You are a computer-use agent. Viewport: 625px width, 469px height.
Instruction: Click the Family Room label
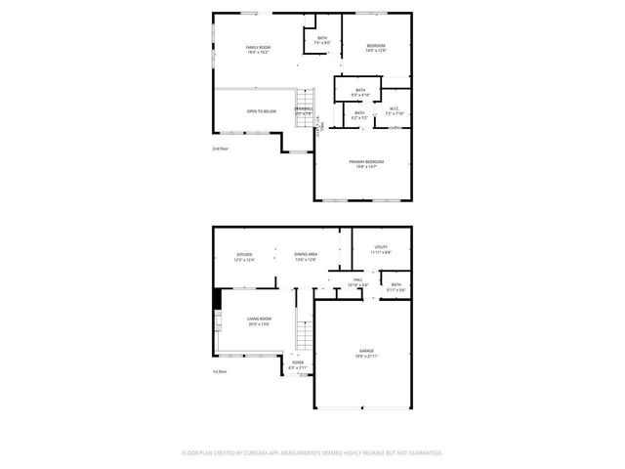click(x=258, y=47)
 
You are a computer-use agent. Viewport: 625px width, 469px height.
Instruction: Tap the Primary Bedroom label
click(x=366, y=161)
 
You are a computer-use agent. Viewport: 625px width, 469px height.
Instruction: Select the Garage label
click(x=366, y=351)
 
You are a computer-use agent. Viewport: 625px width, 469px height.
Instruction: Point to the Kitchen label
click(x=244, y=255)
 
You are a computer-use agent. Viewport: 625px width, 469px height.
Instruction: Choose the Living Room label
click(x=259, y=319)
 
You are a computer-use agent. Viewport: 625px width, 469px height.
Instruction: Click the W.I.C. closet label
click(x=394, y=107)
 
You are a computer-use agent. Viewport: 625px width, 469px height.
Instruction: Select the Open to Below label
click(x=261, y=111)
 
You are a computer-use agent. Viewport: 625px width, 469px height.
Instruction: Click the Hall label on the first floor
click(x=359, y=279)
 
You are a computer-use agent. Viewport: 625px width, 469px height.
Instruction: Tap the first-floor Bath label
click(x=396, y=285)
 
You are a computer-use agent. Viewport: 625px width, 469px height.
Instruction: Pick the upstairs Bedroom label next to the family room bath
click(x=376, y=46)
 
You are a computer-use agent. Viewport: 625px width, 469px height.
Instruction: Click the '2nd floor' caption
click(x=220, y=149)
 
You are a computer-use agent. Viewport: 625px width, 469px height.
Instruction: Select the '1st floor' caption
click(x=220, y=371)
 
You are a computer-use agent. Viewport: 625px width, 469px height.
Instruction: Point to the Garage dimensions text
click(x=366, y=357)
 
